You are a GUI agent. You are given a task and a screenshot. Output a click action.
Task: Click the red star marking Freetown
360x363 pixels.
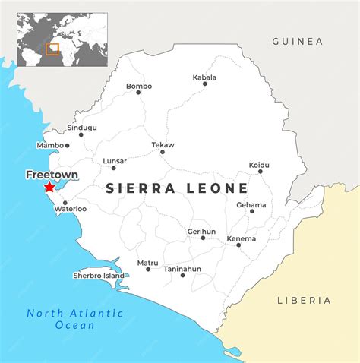coord(49,186)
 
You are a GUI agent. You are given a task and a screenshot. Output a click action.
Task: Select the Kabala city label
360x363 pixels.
coord(204,77)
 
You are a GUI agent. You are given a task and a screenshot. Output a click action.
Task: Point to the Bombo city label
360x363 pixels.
coord(139,87)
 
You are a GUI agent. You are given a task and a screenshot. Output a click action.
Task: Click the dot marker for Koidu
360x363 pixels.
coord(261,172)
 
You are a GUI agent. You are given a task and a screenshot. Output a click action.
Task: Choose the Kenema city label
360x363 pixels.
coord(241,238)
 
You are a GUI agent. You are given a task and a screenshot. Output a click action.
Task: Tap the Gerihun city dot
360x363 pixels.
coord(203,238)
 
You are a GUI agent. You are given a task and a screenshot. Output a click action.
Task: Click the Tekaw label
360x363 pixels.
coord(163,144)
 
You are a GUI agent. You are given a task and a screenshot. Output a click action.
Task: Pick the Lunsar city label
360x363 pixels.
coord(114,161)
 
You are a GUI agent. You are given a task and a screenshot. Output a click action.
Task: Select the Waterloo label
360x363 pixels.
coord(71,208)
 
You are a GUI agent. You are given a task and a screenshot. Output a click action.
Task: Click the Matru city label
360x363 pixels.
coord(147,263)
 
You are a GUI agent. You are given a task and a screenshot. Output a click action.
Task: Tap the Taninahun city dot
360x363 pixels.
coord(182,275)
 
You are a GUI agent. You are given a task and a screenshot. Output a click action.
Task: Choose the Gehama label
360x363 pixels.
coord(251,204)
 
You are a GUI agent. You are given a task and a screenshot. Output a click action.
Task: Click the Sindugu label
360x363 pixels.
coord(82,128)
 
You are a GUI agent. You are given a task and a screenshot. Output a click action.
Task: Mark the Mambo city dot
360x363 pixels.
coord(67,145)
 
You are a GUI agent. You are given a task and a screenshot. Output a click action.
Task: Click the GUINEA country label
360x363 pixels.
coord(297,42)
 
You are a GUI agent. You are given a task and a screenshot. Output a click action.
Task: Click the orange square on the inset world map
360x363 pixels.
coord(52,49)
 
